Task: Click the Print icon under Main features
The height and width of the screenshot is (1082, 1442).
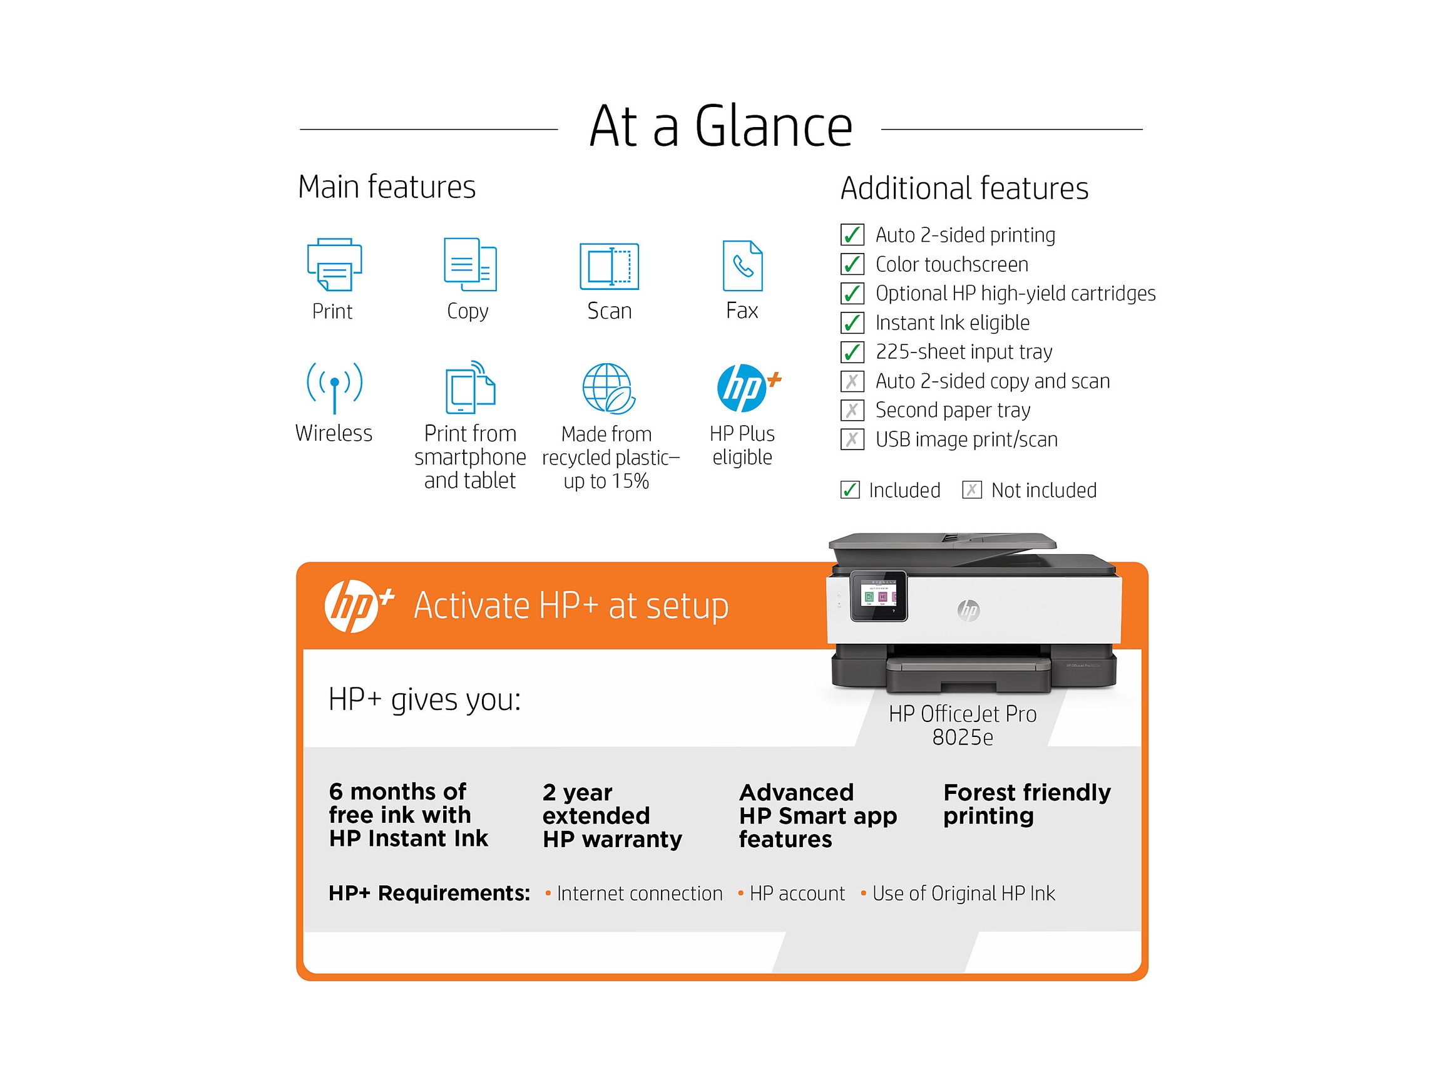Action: pos(334,264)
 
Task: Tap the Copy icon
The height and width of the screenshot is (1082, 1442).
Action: pos(470,264)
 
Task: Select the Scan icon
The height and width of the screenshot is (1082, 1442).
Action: pos(609,266)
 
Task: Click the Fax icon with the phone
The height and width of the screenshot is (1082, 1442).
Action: pos(742,265)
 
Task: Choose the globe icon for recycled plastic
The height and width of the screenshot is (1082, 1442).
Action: pos(608,389)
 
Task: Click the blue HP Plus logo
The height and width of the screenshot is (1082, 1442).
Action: pos(744,388)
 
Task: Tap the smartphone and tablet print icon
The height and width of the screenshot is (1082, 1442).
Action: pos(470,388)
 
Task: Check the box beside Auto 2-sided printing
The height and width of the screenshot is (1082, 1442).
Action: pos(852,235)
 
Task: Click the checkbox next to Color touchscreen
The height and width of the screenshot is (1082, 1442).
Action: pos(852,264)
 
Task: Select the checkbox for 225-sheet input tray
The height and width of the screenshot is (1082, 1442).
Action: pos(852,352)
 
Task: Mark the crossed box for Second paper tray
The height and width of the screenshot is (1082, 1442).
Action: pos(852,410)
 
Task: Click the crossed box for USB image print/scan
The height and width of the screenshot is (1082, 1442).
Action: pos(852,440)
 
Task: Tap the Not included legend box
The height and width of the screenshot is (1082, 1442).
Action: pos(971,490)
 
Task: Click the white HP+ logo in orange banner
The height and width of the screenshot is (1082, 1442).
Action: pos(355,606)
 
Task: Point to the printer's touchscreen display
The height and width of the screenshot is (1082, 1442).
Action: pos(878,595)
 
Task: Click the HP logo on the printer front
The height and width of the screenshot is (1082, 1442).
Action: pos(969,610)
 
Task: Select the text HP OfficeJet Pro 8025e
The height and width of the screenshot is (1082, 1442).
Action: pos(962,725)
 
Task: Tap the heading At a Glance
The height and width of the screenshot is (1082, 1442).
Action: pos(720,126)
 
